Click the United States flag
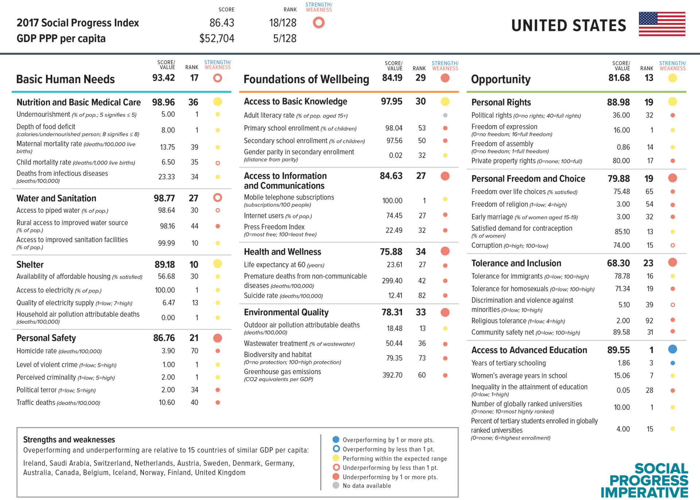click(662, 24)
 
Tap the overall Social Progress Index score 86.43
click(222, 23)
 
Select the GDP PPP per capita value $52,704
click(217, 38)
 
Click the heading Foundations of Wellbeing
click(306, 79)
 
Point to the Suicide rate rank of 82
click(422, 296)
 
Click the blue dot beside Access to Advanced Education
click(672, 350)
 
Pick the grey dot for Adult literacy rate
click(445, 115)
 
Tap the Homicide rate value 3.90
click(168, 351)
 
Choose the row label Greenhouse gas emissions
click(282, 372)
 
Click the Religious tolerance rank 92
click(649, 321)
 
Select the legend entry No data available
click(366, 486)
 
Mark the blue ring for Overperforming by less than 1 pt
click(336, 449)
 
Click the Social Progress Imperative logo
click(644, 480)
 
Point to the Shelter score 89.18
click(164, 265)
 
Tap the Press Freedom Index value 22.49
click(394, 230)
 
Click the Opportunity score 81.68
click(619, 78)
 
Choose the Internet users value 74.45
click(394, 216)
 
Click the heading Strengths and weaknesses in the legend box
click(69, 440)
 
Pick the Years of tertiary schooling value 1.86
click(623, 363)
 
